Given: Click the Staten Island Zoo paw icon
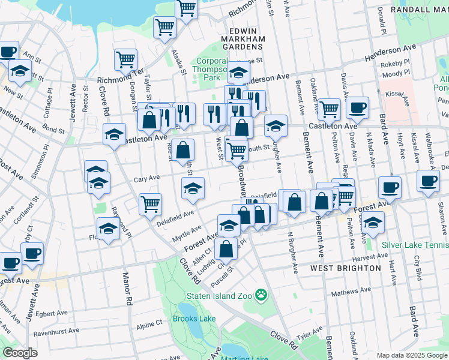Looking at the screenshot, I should [x=261, y=295].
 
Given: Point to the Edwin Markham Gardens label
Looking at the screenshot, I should [x=247, y=39].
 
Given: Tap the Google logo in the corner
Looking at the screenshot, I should [x=19, y=352].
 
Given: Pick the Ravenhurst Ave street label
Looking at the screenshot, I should [x=56, y=330].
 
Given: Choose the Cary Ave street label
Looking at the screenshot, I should [x=146, y=178].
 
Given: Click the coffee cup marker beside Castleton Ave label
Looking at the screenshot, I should [x=357, y=107].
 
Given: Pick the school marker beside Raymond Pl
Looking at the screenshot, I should [x=108, y=229].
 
